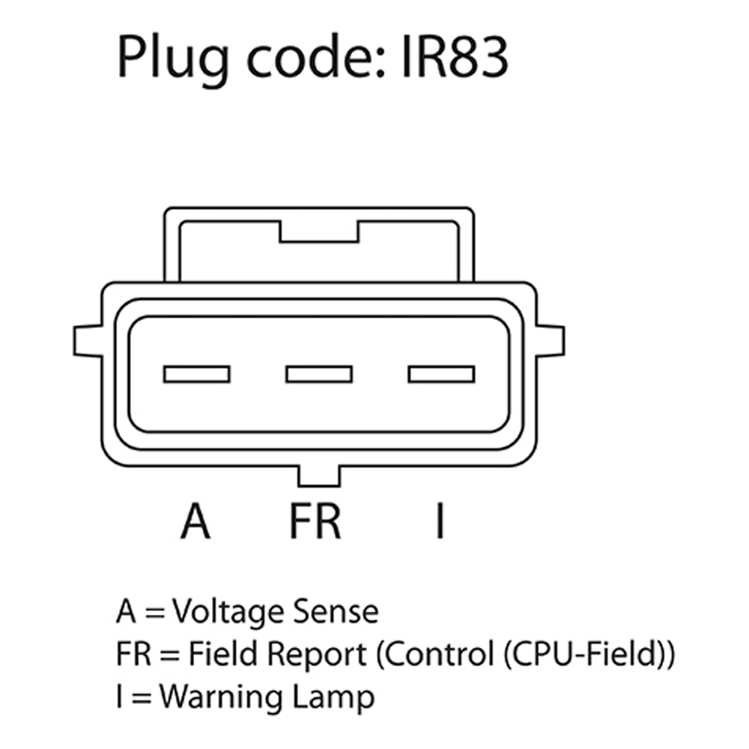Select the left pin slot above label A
(x=196, y=373)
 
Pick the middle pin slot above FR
(x=318, y=373)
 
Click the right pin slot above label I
(x=440, y=373)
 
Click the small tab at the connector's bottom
(x=319, y=476)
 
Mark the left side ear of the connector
(x=87, y=340)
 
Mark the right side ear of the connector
(x=551, y=340)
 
